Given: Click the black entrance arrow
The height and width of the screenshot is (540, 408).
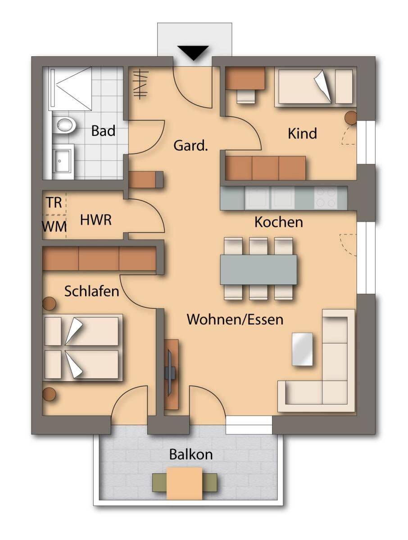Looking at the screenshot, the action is point(194,53).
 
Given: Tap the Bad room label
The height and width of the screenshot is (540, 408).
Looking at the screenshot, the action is point(103,131).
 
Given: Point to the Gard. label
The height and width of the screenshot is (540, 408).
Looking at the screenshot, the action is point(190,146).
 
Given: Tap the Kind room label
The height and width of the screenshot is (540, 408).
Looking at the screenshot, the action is point(302,134).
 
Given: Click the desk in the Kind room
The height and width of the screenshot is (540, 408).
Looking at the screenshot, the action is point(245,78).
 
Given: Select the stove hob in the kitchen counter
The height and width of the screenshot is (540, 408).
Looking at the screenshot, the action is point(325,198).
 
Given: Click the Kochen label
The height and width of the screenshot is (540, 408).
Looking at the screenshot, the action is point(278,222).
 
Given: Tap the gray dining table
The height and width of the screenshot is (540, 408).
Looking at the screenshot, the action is point(258,270).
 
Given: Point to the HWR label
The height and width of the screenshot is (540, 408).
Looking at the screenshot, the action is point(95,220).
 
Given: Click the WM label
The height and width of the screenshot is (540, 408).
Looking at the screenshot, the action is point(54,227).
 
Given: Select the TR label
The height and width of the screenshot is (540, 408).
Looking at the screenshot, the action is point(54,202).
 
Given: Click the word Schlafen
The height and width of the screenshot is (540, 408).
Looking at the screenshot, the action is point(91,292).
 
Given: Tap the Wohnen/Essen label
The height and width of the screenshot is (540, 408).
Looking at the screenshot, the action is point(235,319).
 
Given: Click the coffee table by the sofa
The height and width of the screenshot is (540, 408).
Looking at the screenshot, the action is point(302,349).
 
